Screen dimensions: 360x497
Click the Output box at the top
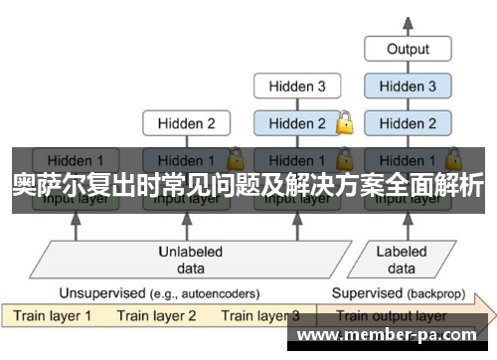(x=408, y=49)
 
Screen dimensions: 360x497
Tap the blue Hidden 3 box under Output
(x=408, y=87)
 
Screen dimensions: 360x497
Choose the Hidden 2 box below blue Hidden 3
(x=408, y=124)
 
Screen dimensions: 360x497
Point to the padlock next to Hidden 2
(x=344, y=124)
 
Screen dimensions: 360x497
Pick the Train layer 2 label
(x=156, y=316)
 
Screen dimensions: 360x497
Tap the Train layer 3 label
(x=260, y=316)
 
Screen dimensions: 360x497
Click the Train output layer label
(x=392, y=316)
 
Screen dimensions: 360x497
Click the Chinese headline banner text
(x=248, y=185)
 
